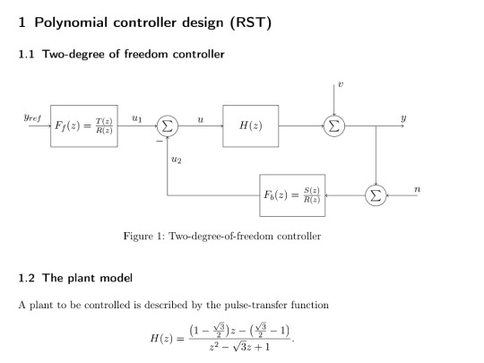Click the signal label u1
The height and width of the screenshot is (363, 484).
pos(136,117)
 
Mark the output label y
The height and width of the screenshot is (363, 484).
pos(403,117)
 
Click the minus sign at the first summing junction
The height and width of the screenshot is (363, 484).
pos(159,141)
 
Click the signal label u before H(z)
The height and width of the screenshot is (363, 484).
pos(200,117)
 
